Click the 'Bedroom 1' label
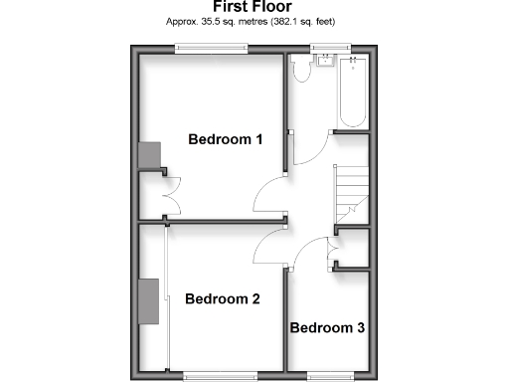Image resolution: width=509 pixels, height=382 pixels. (226, 139)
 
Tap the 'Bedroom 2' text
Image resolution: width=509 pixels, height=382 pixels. (223, 298)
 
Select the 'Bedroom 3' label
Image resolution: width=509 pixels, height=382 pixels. (327, 327)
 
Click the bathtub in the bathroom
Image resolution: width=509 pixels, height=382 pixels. (353, 95)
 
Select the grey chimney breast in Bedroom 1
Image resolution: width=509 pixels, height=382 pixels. (149, 155)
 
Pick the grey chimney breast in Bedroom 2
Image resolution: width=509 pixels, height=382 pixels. (149, 302)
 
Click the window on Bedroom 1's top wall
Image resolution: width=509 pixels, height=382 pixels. (212, 49)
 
